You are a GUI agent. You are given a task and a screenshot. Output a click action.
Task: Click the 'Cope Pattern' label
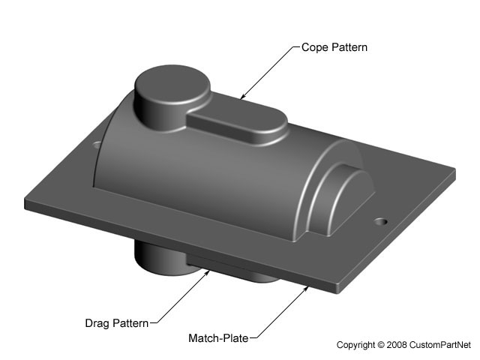[x=334, y=46]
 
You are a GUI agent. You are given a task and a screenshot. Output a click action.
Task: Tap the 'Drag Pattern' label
[x=118, y=324]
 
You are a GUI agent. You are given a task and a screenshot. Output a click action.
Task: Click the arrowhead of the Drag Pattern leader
[x=209, y=271]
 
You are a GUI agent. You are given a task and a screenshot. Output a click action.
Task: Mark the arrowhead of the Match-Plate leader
[x=308, y=286]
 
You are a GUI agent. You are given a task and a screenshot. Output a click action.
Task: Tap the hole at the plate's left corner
[x=97, y=143]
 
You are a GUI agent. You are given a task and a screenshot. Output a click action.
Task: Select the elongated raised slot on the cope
[x=236, y=123]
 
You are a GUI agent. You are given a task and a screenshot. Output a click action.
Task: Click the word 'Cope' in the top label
[x=314, y=46]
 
